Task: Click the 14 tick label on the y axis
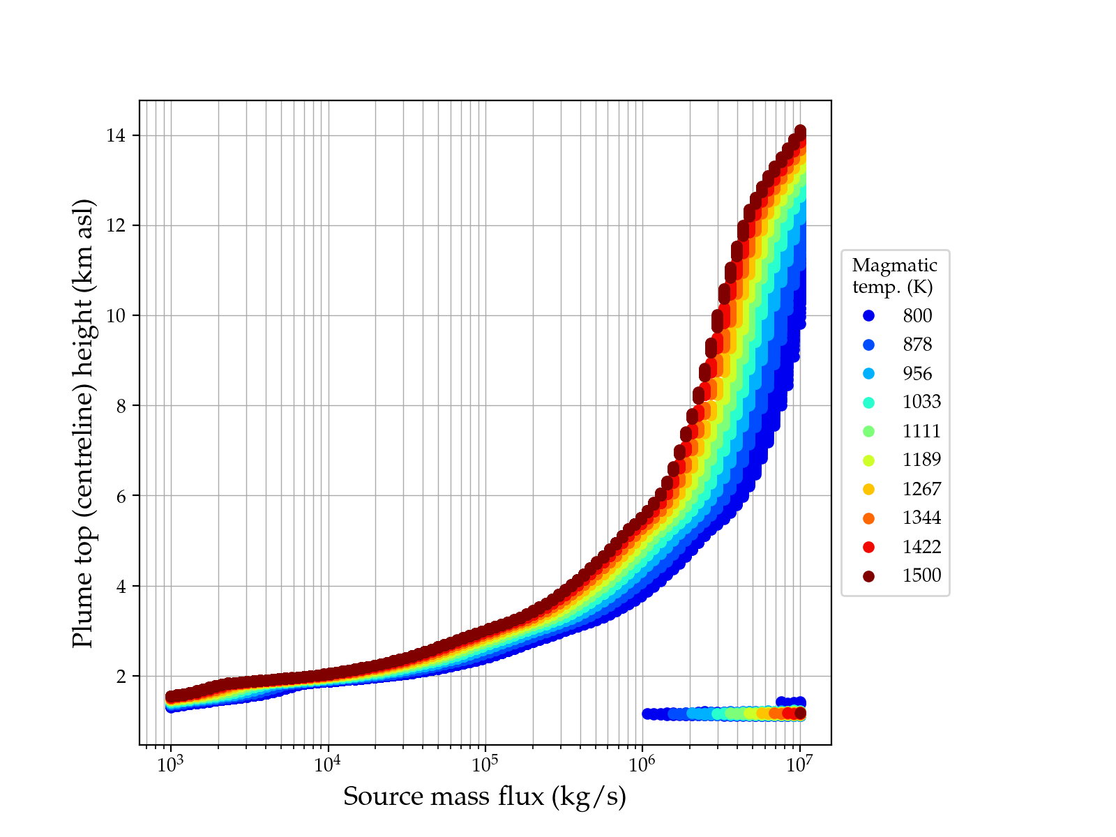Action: tap(116, 135)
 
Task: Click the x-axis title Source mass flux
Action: tap(485, 796)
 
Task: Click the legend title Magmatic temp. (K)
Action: tap(895, 276)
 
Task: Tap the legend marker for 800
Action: tap(868, 316)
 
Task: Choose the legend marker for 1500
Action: tap(868, 576)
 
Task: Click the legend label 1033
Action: tap(921, 402)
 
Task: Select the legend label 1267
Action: tap(921, 489)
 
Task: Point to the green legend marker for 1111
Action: tap(868, 431)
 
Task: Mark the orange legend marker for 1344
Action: tap(868, 518)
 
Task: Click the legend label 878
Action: tap(917, 345)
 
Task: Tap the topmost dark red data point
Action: tap(801, 131)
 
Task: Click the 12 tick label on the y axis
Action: tap(116, 225)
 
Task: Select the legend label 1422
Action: tap(921, 547)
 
